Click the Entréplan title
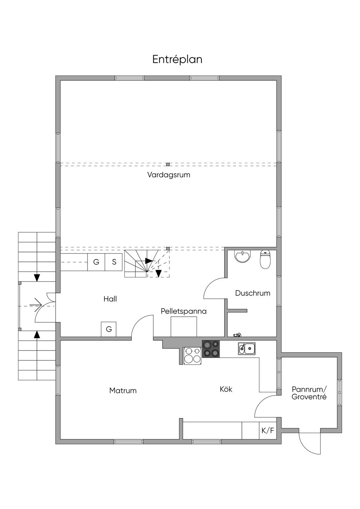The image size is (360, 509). tap(177, 59)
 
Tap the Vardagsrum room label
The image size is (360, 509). tap(169, 175)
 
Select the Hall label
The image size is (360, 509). tap(110, 299)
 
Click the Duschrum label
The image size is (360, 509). tap(253, 293)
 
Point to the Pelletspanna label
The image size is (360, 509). tap(184, 311)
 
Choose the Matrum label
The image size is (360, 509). tap(123, 391)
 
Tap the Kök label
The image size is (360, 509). tap(226, 389)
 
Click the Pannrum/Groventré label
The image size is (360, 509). tap(309, 393)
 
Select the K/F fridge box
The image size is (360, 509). tap(268, 431)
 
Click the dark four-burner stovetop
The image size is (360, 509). tap(211, 349)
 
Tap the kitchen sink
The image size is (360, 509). tap(247, 349)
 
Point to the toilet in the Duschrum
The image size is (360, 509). tap(265, 259)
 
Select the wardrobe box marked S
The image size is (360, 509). tap(114, 262)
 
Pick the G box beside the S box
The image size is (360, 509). tap(96, 262)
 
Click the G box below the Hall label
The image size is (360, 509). tap(109, 329)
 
